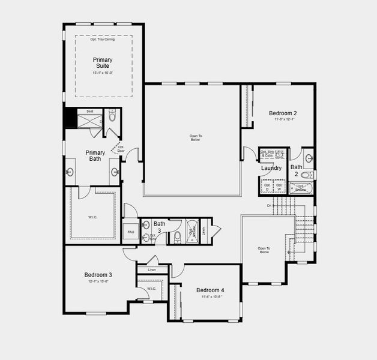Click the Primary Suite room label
(103, 62)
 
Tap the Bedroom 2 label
(282, 113)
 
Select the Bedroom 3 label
(98, 275)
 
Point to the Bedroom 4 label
(210, 290)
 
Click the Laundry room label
(271, 168)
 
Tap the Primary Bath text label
(95, 155)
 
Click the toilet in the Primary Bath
(112, 118)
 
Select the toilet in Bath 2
(306, 175)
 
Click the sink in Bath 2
(309, 158)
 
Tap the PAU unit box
(130, 233)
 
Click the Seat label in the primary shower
(89, 111)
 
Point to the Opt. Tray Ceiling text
(103, 40)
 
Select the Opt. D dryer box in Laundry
(268, 187)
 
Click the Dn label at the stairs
(270, 206)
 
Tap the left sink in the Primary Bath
(70, 172)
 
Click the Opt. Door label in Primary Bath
(121, 148)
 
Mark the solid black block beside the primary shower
(70, 118)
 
